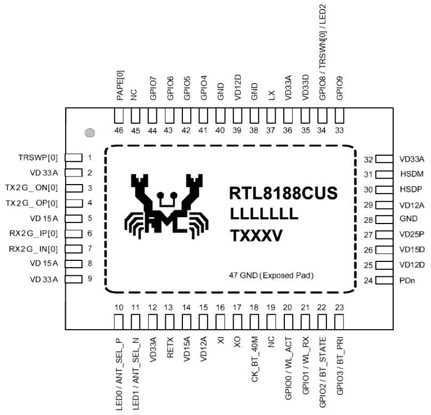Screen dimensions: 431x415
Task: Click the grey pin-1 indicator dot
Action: pos(90,133)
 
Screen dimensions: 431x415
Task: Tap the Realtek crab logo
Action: pos(166,206)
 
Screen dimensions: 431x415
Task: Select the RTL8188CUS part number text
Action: pos(283,193)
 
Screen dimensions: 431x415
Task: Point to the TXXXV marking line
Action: pos(256,236)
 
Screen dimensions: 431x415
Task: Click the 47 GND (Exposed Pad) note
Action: pos(272,275)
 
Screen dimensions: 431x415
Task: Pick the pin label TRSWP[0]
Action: pos(38,158)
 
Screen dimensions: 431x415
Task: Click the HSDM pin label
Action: pos(412,174)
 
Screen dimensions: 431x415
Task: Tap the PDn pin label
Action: pos(408,281)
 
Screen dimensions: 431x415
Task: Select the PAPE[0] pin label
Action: pos(120,85)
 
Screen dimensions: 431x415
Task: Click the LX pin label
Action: pos(272,95)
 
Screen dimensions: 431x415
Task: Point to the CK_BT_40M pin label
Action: pos(254,358)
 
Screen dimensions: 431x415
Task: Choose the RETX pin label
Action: pos(170,347)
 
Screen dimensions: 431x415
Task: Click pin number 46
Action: pos(119,130)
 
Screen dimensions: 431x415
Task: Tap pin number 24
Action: pos(369,281)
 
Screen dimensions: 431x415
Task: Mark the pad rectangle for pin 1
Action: pos(74,158)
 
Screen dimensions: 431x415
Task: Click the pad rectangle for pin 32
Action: pos(384,159)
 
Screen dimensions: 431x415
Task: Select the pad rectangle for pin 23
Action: pos(339,322)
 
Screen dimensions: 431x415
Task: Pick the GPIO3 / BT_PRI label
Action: pos(340,366)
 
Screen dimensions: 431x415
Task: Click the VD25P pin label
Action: pos(412,234)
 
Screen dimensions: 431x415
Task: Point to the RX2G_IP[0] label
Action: pos(34,234)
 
